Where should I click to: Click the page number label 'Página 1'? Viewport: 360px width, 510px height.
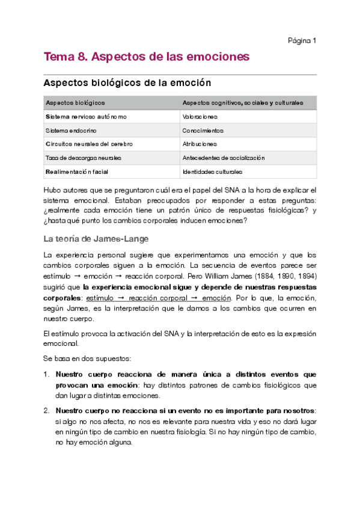tap(302, 41)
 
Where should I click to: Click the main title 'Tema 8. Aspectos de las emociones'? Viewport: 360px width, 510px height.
tap(146, 57)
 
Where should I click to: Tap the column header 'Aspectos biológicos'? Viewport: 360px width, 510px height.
tap(75, 103)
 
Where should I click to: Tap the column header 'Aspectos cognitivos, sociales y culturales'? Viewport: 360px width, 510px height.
tap(242, 103)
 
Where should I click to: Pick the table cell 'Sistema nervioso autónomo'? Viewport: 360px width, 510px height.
tap(86, 117)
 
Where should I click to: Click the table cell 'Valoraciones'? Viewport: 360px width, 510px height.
tap(200, 117)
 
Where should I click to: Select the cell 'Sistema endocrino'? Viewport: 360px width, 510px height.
tap(71, 131)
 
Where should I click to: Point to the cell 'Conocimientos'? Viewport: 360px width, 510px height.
tap(203, 131)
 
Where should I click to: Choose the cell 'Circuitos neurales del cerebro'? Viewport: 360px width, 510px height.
tap(89, 144)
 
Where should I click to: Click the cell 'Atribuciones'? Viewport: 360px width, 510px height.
tap(200, 144)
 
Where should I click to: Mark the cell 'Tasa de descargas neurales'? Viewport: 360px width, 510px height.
tap(83, 158)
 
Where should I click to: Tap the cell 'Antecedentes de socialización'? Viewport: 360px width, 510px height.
tap(223, 158)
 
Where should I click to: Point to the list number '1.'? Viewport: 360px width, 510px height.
tap(47, 374)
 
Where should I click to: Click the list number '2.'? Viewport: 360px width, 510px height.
tap(47, 411)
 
